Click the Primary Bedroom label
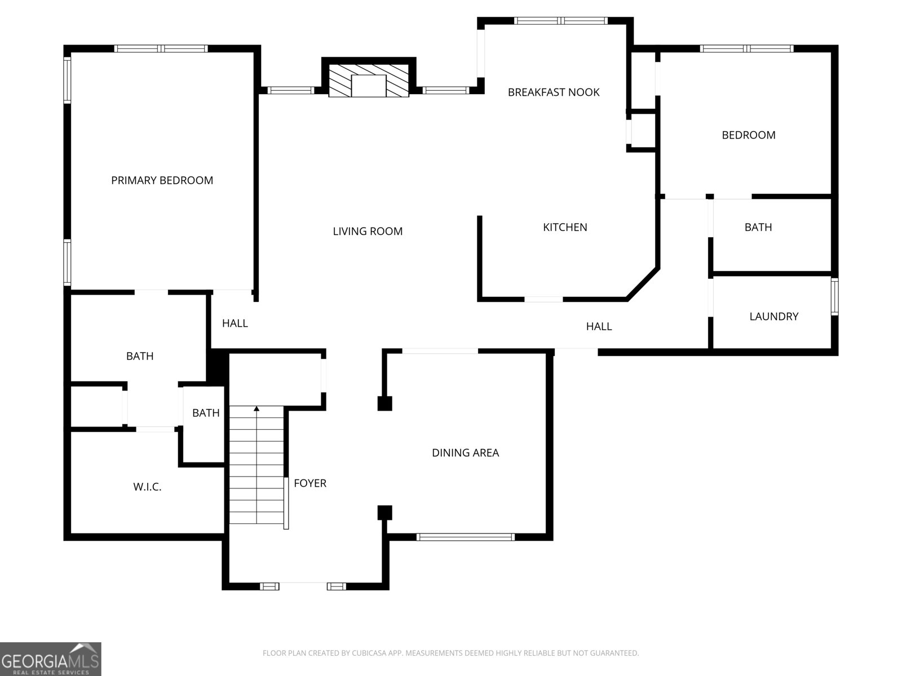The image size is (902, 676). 162,180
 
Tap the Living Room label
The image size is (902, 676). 368,231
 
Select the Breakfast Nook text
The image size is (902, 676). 553,92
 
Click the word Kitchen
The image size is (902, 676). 565,227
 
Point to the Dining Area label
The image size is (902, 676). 465,452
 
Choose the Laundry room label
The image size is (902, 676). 773,317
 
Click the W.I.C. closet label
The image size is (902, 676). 147,487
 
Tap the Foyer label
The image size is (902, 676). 310,483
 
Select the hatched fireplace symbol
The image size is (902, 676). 369,81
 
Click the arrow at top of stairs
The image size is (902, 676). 257,408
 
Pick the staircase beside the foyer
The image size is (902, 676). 257,468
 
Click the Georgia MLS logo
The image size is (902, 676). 51,659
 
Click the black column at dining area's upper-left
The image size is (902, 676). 384,403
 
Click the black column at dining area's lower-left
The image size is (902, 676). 384,513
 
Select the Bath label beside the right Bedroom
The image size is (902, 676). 758,227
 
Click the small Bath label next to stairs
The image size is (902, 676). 206,413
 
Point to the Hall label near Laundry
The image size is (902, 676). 599,326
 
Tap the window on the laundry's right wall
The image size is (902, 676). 834,297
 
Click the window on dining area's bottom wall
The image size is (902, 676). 465,537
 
